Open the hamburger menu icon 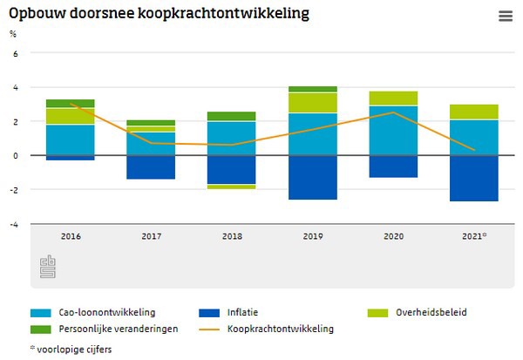click(505, 16)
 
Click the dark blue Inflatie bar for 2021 click(473, 179)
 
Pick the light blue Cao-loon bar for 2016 click(71, 139)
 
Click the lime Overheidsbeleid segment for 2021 click(473, 112)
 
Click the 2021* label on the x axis click(474, 235)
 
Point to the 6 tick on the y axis click(14, 53)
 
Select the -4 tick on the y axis click(12, 224)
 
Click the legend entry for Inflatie click(242, 312)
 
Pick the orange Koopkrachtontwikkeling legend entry click(280, 329)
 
